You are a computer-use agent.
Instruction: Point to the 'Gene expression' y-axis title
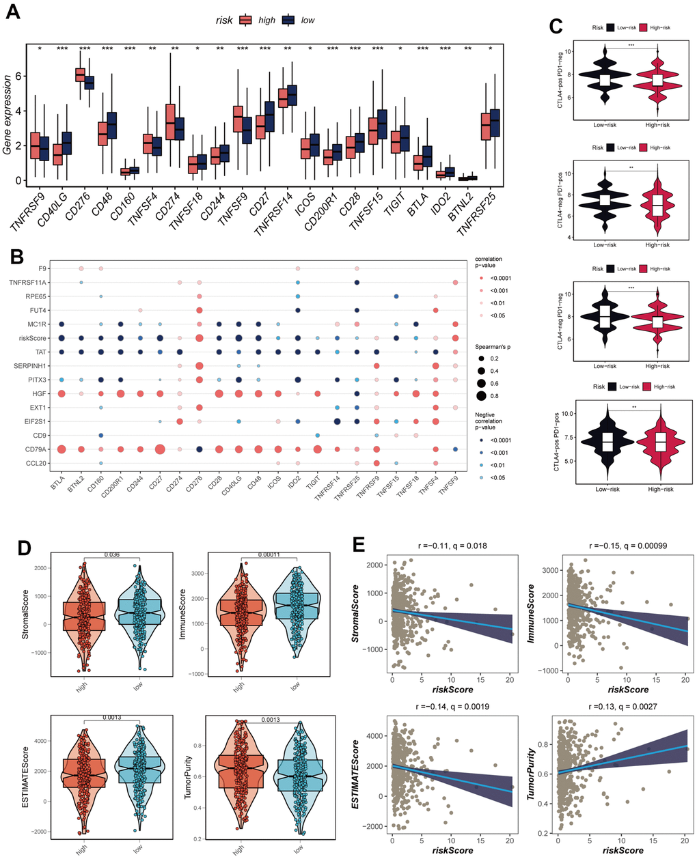[x=8, y=115]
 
